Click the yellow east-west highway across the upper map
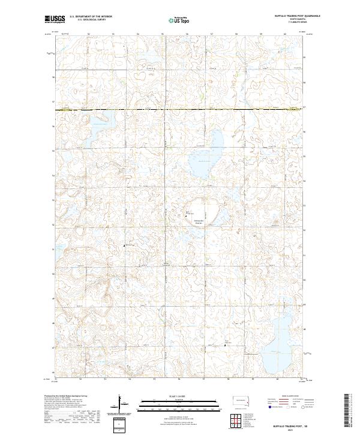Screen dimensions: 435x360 tap(180, 110)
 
